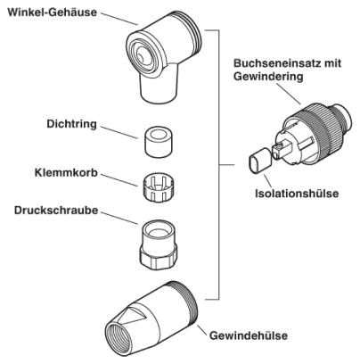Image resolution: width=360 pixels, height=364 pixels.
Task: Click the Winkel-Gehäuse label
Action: click(53, 12)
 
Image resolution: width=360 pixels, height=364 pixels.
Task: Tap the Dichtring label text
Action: click(71, 124)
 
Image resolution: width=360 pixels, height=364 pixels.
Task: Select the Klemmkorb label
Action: click(66, 173)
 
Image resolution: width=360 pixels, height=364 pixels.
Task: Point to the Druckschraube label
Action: click(56, 211)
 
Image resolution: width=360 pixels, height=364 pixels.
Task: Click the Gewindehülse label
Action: click(249, 335)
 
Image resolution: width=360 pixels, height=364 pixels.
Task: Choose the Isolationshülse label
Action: click(297, 194)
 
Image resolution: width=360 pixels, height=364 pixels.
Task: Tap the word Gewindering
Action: click(268, 77)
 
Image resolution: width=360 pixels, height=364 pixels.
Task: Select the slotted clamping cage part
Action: click(159, 188)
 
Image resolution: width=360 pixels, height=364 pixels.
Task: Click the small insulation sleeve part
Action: click(259, 161)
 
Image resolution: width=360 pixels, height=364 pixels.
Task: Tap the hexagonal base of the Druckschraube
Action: click(158, 258)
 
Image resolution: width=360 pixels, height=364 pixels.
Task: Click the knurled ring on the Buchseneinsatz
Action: click(314, 126)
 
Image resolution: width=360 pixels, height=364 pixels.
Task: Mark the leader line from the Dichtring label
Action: click(119, 132)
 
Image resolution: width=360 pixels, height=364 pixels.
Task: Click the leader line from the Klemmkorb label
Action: click(119, 180)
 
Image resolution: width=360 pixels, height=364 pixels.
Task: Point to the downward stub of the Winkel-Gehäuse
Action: click(160, 87)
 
